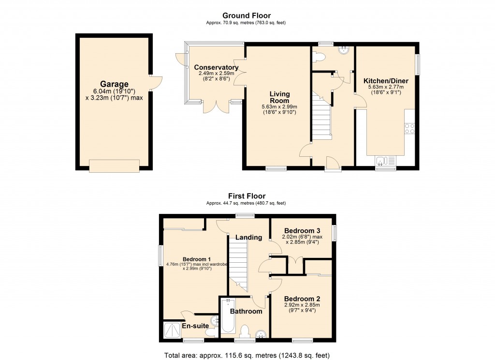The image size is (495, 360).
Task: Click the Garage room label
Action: click(114, 84)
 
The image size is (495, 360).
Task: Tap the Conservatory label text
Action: click(216, 67)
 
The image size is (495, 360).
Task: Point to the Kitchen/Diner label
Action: click(386, 81)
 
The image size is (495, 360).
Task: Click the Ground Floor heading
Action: click(247, 16)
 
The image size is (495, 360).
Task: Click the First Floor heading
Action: click(247, 196)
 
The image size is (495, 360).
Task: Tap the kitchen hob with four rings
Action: click(409, 128)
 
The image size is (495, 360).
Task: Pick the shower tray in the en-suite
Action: click(172, 331)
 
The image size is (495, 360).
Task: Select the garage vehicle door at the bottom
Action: click(114, 166)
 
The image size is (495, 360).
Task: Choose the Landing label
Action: click(248, 237)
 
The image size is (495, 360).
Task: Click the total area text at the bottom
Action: click(247, 355)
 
